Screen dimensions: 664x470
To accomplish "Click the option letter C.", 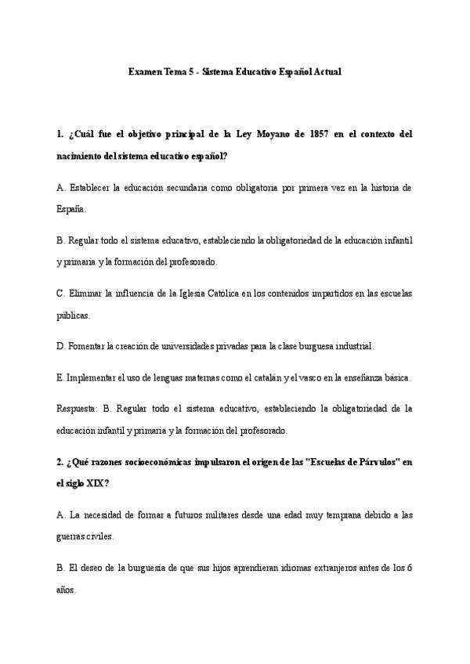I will [60, 294].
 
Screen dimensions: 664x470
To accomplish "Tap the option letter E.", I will [60, 377].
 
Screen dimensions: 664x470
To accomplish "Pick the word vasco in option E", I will [306, 377].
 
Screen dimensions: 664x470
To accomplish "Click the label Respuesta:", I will [78, 408].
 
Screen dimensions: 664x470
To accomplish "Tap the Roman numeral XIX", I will [93, 483].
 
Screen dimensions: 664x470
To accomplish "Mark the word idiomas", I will [268, 568].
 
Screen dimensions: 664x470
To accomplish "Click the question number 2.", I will [60, 461].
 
